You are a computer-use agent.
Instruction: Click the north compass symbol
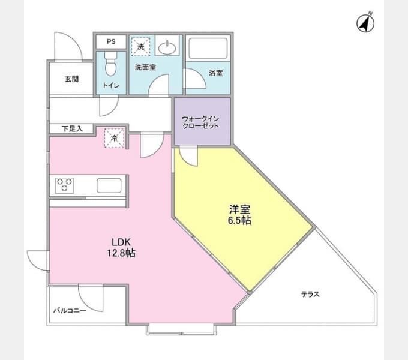pos(365,23)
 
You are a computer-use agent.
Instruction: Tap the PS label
pos(111,41)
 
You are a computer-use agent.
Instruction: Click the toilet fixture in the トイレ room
pos(111,63)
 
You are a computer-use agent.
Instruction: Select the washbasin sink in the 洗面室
pos(167,47)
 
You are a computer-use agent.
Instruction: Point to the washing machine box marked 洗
pos(141,47)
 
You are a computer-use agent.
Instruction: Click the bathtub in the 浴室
pos(208,49)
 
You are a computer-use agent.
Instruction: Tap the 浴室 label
pos(216,73)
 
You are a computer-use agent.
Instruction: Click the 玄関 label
pos(71,79)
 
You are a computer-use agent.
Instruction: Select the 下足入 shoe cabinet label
pos(72,128)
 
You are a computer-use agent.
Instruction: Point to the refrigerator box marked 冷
pos(115,138)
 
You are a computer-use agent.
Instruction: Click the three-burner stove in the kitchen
pos(64,185)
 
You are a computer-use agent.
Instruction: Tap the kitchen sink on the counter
pos(109,186)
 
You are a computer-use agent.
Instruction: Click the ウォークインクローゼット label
pos(200,122)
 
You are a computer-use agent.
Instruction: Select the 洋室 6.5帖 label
pos(239,215)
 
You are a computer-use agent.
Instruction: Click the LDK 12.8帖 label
pos(121,247)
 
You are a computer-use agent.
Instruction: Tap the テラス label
pos(310,294)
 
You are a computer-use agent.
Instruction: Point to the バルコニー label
pos(70,310)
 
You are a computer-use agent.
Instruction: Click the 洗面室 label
pos(145,67)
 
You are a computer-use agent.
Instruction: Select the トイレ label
pos(111,85)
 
